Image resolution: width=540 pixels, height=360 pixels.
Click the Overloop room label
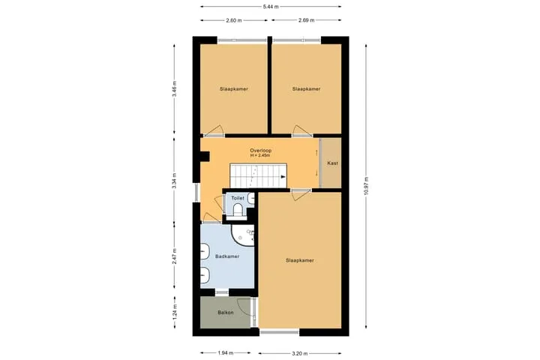click(261, 151)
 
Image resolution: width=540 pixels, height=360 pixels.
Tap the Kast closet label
click(332, 163)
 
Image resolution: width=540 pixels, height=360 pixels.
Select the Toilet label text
click(238, 198)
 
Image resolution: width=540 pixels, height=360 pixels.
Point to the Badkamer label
click(227, 256)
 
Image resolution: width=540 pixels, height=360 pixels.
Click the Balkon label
click(226, 313)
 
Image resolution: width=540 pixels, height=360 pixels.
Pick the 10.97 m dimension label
click(366, 186)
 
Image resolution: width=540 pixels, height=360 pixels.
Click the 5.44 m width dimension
click(271, 7)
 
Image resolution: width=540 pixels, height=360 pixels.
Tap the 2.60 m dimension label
click(234, 20)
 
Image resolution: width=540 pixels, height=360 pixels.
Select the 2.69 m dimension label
click(306, 20)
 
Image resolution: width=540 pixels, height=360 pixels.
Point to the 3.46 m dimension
click(174, 89)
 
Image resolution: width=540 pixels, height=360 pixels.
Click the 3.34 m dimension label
click(174, 181)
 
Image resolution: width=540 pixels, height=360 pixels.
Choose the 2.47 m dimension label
click(174, 256)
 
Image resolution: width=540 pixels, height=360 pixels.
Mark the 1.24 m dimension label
click(174, 311)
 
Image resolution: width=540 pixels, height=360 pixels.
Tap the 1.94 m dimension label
click(226, 352)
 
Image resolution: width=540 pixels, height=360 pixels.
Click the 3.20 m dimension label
click(300, 353)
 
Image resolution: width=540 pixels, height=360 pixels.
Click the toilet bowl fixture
click(238, 210)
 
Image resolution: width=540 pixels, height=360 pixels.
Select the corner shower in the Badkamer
click(242, 235)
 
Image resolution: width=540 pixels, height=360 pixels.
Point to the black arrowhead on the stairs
click(283, 177)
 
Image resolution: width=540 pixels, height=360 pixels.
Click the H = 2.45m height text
click(260, 155)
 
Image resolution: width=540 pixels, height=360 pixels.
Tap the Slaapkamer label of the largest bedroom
click(299, 260)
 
